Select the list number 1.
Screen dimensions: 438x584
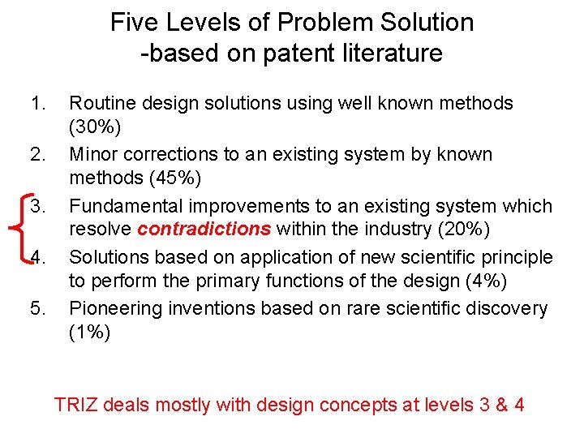37,104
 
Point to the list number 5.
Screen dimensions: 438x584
37,309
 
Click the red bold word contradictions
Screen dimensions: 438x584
204,229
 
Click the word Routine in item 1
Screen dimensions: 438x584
101,104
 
